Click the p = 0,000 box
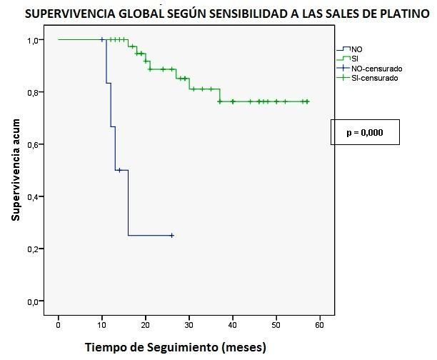click(x=364, y=133)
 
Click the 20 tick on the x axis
click(x=145, y=323)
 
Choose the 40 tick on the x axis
click(x=232, y=323)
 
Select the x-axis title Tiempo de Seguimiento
click(x=175, y=348)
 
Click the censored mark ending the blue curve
click(x=171, y=235)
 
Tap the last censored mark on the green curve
click(x=307, y=101)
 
